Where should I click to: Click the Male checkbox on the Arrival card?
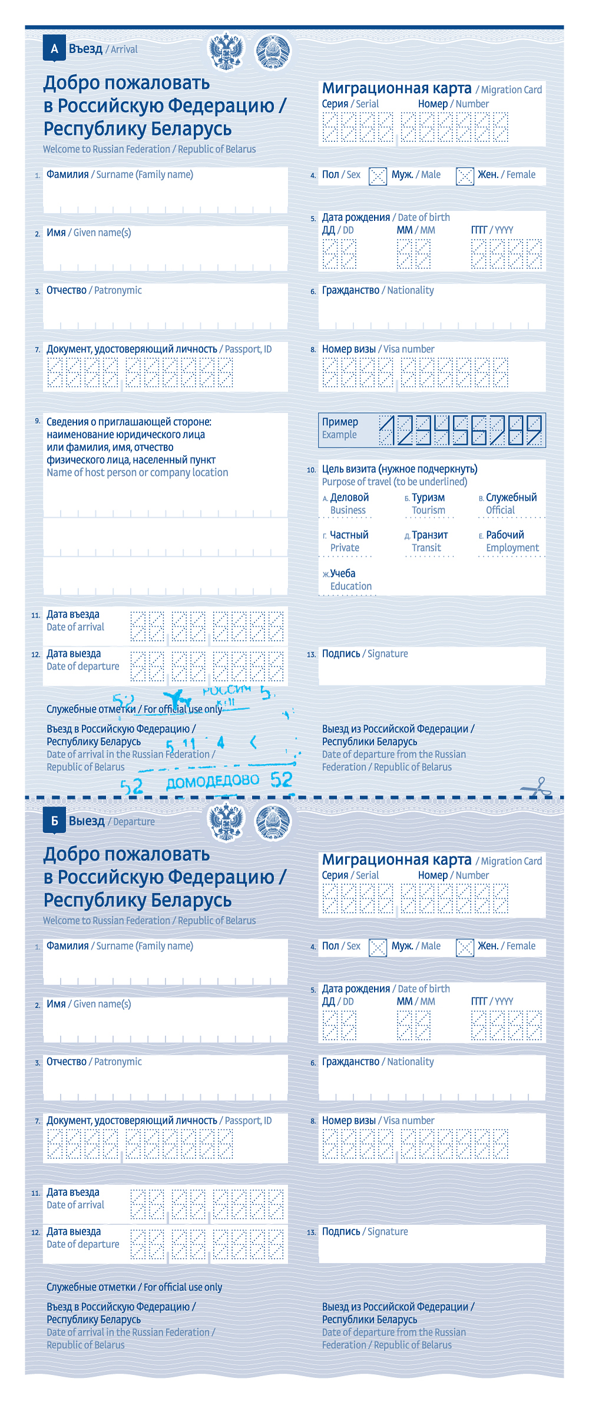point(378,175)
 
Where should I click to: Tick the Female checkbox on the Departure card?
point(465,947)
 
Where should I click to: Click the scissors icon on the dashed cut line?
point(536,787)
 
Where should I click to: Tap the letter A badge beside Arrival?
point(54,49)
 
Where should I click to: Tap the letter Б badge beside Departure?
point(54,821)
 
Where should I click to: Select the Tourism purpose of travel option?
point(428,503)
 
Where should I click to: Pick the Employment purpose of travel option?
point(511,541)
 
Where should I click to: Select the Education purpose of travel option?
point(347,579)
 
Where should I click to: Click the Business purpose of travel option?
point(349,503)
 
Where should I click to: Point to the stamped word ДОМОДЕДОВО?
point(213,781)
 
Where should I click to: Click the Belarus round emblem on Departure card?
point(273,822)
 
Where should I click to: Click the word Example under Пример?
point(339,435)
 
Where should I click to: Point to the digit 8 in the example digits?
point(515,430)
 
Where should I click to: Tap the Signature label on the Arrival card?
point(388,654)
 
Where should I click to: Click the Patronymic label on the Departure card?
point(118,1062)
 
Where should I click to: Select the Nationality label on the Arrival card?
point(410,290)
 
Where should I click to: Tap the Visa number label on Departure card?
point(409,1121)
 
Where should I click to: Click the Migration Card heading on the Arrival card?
point(396,88)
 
